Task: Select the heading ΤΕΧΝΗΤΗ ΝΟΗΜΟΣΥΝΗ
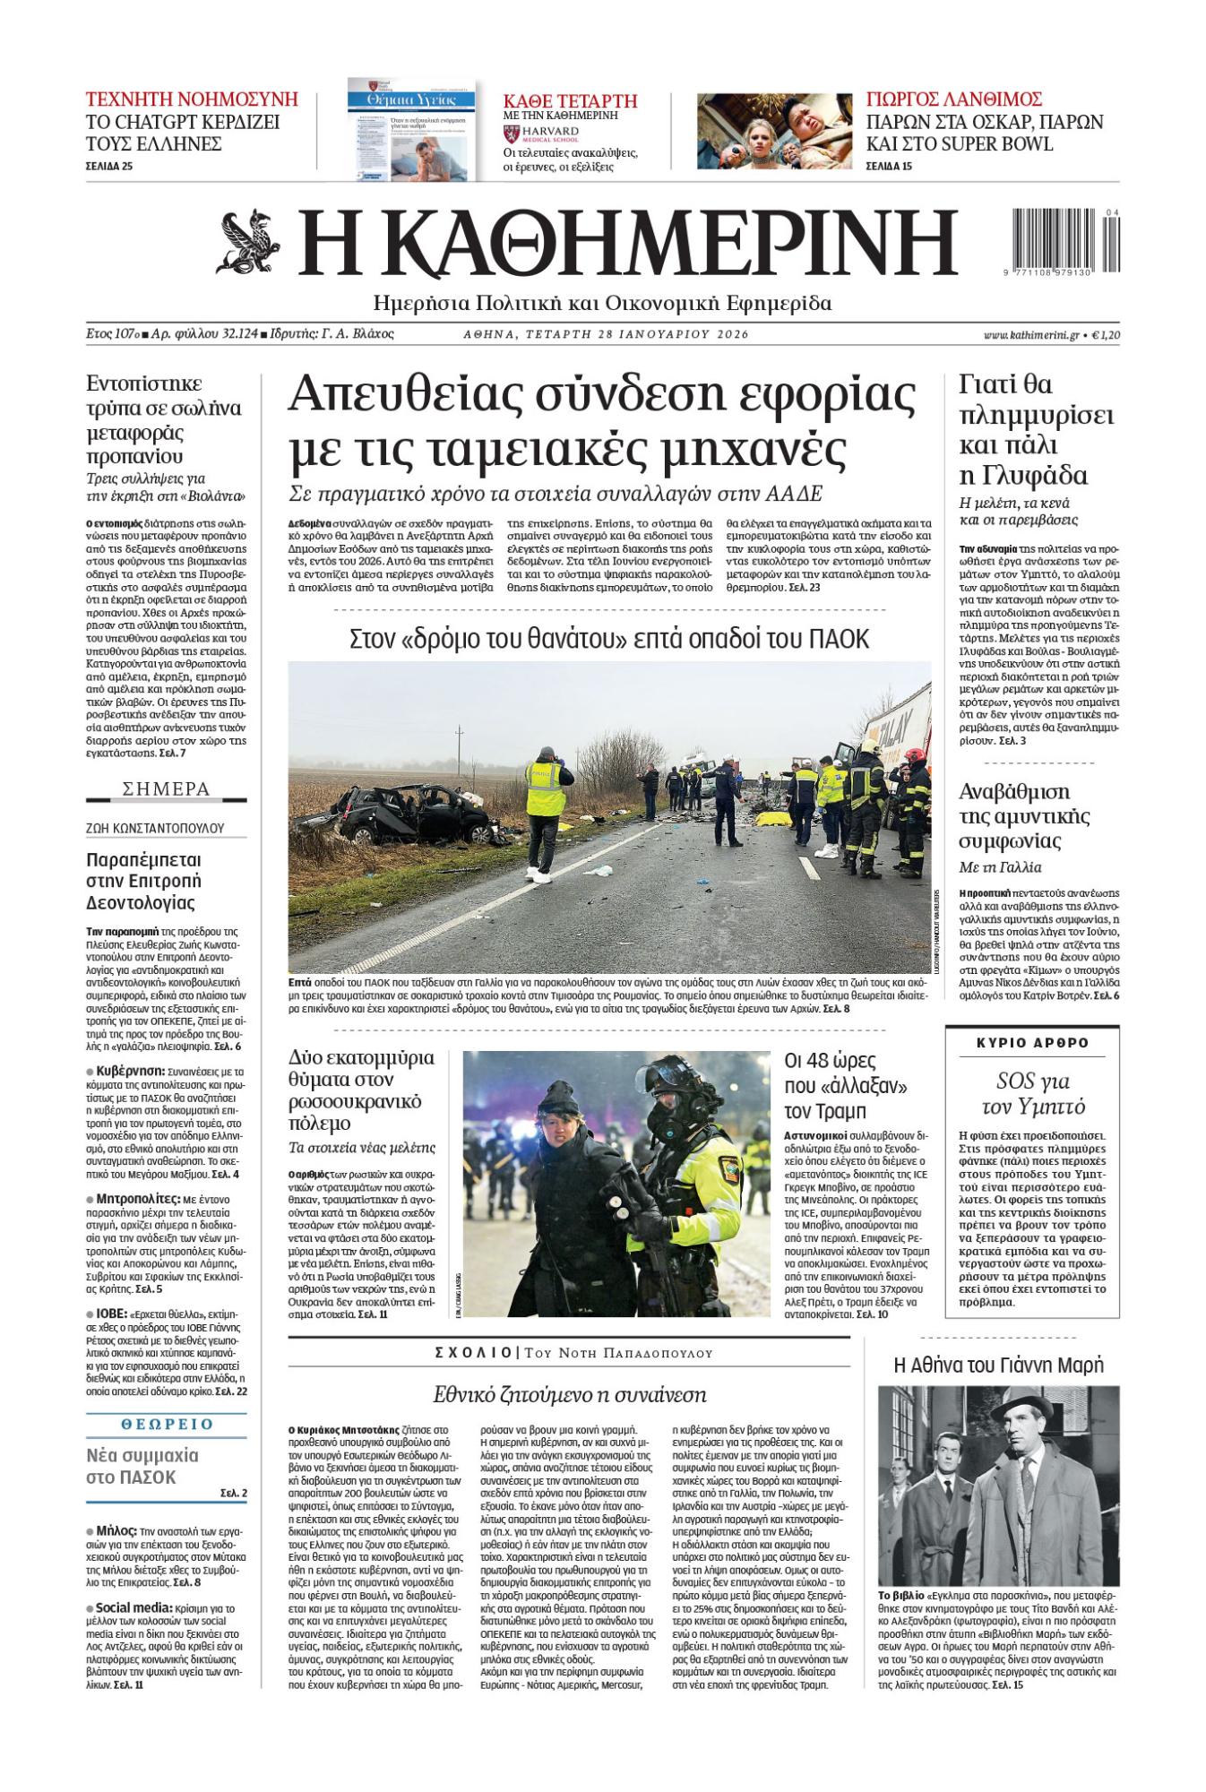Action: [192, 99]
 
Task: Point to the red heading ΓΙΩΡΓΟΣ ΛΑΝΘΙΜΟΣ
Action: [954, 99]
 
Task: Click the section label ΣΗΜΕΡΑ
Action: [166, 789]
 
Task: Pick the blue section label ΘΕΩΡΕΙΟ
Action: [166, 1424]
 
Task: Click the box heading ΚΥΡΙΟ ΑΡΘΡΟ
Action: [1031, 1043]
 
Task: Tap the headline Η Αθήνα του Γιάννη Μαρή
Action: [998, 1366]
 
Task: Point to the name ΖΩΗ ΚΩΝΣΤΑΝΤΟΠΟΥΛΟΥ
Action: [155, 828]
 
